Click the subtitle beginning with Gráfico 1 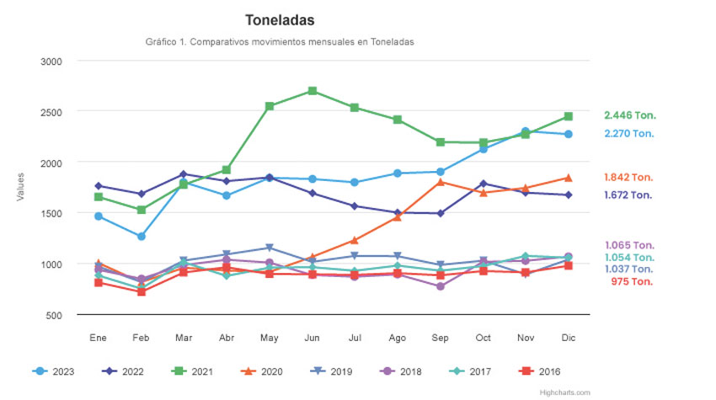(x=280, y=42)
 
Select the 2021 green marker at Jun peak (x=312, y=91)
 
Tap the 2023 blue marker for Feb (x=142, y=237)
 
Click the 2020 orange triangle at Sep (x=441, y=182)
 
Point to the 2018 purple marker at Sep (x=441, y=286)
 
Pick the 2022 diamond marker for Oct (x=483, y=184)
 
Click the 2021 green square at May (x=269, y=106)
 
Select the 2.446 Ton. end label (x=629, y=115)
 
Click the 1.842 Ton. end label (x=629, y=178)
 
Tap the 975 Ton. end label (x=631, y=281)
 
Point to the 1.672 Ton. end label (x=628, y=195)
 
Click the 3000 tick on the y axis (x=51, y=61)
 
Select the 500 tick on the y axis (x=55, y=315)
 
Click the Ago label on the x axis (x=398, y=337)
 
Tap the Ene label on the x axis (x=99, y=337)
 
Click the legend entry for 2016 (x=538, y=371)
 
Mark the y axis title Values (x=20, y=187)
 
